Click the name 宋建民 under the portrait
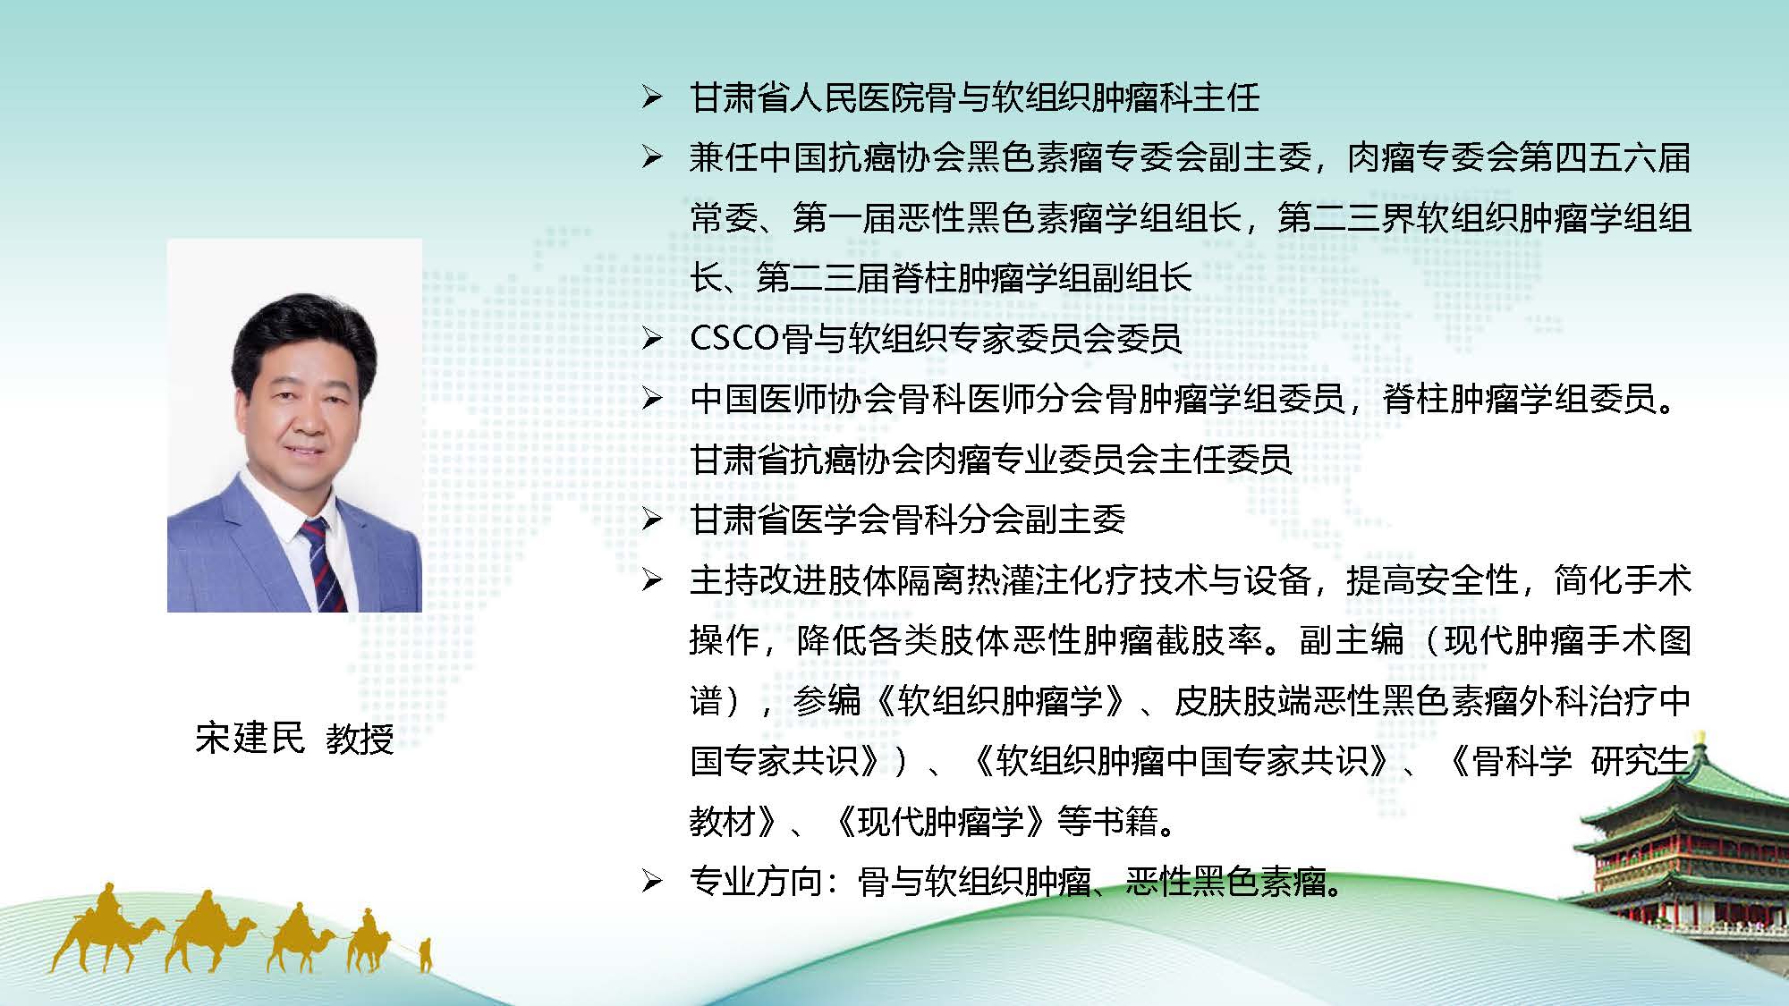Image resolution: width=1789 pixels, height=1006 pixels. pos(250,738)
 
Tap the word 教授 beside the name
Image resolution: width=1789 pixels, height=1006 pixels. pos(360,739)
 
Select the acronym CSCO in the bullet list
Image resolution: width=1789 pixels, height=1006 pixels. pos(735,338)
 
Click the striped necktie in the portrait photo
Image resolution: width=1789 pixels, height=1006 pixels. pos(322,563)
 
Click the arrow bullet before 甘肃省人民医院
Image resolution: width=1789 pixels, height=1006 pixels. pos(651,97)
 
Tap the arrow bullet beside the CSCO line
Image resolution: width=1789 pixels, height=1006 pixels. pos(651,339)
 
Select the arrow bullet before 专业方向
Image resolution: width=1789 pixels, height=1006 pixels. pos(651,883)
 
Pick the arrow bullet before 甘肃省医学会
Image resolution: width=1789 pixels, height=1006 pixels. pos(651,520)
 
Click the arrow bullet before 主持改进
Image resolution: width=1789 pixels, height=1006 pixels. pos(651,581)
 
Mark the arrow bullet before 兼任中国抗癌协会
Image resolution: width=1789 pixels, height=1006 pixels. pos(651,158)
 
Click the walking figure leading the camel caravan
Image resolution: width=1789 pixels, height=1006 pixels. pos(426,955)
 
